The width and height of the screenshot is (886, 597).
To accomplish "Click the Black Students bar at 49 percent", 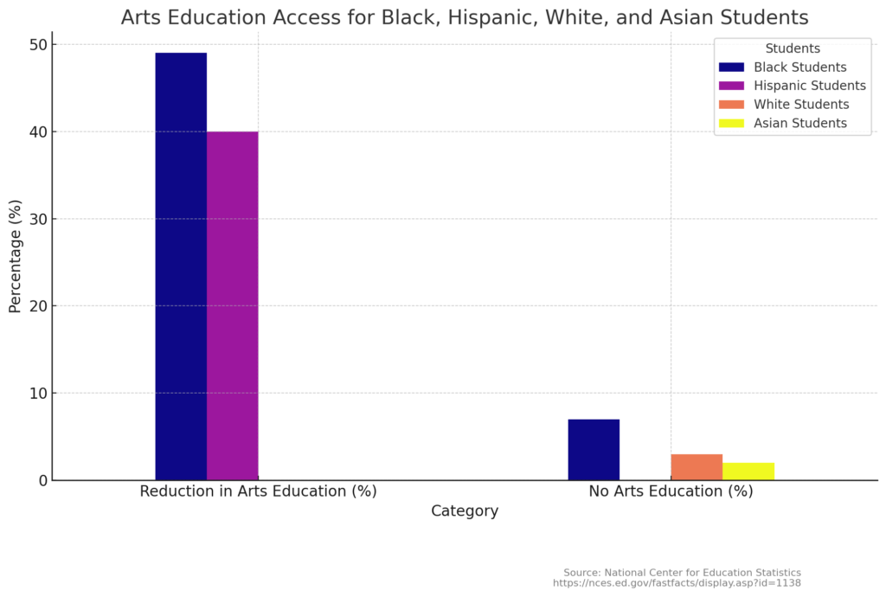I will [x=181, y=266].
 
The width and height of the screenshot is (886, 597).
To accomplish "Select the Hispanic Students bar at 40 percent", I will [x=232, y=305].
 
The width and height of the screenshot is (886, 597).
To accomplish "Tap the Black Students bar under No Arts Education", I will [x=594, y=449].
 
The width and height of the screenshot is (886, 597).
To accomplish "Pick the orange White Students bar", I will [x=697, y=466].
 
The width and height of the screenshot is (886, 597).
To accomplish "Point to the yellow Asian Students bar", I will [x=748, y=471].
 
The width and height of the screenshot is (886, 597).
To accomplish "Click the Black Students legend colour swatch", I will [x=731, y=67].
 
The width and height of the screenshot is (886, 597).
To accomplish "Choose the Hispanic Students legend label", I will [x=809, y=86].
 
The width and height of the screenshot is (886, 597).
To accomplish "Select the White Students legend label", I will [x=800, y=105].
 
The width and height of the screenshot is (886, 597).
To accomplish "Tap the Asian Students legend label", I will [x=799, y=123].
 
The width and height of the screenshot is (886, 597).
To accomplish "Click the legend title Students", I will [x=793, y=48].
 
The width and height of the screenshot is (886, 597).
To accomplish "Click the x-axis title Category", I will [x=465, y=511].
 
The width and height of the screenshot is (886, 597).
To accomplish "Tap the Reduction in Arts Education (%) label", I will [x=258, y=491].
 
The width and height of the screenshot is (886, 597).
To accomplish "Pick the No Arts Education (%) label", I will [x=671, y=491].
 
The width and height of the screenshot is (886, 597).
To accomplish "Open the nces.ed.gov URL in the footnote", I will [x=677, y=583].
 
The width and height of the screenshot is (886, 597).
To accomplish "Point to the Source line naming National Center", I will [x=682, y=573].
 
